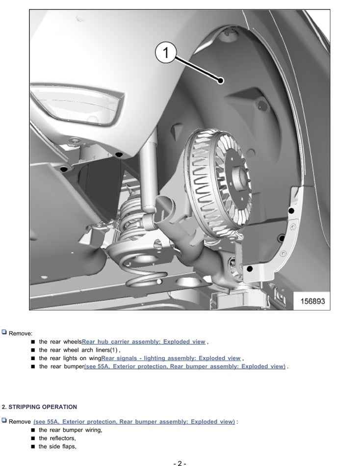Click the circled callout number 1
click(166, 52)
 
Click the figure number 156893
click(312, 301)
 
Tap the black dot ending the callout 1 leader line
click(221, 80)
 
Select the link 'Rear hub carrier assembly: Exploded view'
click(144, 342)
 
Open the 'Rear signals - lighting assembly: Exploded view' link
click(171, 359)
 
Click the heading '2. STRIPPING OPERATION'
click(40, 407)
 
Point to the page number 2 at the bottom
click(180, 463)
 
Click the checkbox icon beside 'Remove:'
click(4, 332)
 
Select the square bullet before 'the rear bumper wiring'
click(33, 430)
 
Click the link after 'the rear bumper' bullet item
click(184, 366)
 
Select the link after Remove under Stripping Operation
click(134, 422)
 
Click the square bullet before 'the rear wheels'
click(33, 342)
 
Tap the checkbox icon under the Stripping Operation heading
click(4, 420)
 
